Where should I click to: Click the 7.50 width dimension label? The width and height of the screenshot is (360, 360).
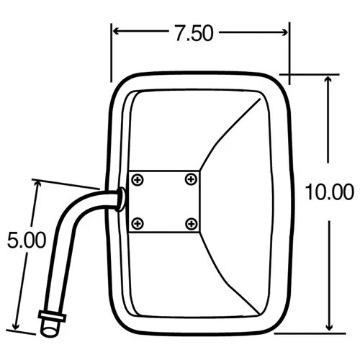194,33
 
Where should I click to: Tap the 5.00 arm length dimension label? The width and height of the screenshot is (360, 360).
20,240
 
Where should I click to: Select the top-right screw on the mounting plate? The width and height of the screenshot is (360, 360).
190,179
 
